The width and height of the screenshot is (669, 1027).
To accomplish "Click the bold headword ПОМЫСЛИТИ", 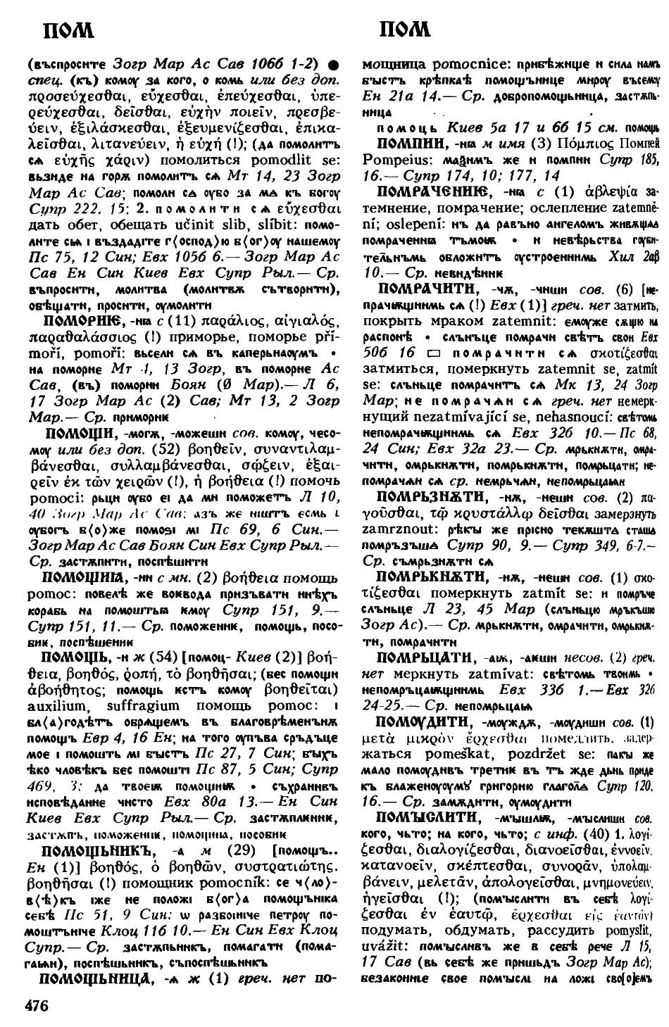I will [425, 817].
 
